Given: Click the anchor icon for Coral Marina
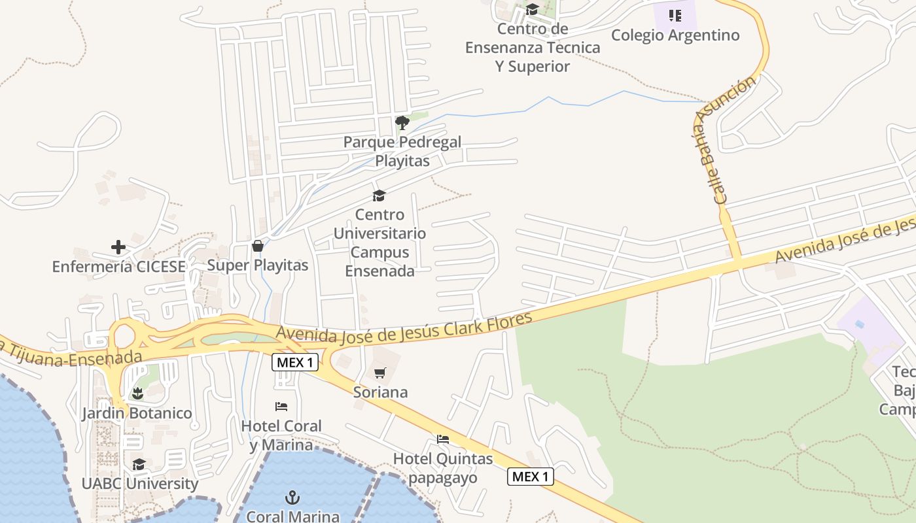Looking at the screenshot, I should click(x=292, y=498).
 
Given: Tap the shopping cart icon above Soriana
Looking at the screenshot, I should click(x=379, y=373).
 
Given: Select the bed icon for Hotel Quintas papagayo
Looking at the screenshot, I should click(x=443, y=439).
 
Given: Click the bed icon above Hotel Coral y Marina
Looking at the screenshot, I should click(x=281, y=407).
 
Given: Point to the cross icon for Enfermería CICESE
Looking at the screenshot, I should click(x=118, y=247).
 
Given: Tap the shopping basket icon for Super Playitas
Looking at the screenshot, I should click(x=258, y=246).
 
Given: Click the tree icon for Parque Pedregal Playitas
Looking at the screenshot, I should click(x=402, y=122).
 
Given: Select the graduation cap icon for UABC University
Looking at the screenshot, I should click(x=139, y=464).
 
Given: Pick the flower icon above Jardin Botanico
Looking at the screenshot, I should click(x=137, y=394).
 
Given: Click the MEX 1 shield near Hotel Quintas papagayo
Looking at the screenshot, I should click(x=530, y=477).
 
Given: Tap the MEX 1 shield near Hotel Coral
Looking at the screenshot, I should click(x=295, y=362).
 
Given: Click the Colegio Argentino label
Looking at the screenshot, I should click(x=675, y=35).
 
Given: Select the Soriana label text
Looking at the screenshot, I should click(x=380, y=392).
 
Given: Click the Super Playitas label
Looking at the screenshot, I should click(x=258, y=265).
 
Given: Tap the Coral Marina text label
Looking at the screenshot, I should click(x=292, y=516).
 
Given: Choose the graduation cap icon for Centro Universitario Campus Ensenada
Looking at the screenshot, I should click(x=379, y=195).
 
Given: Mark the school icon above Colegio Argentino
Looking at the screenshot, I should click(x=675, y=16).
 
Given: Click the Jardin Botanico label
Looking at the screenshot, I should click(x=137, y=413).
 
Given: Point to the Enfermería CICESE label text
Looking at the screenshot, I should click(x=118, y=267).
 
